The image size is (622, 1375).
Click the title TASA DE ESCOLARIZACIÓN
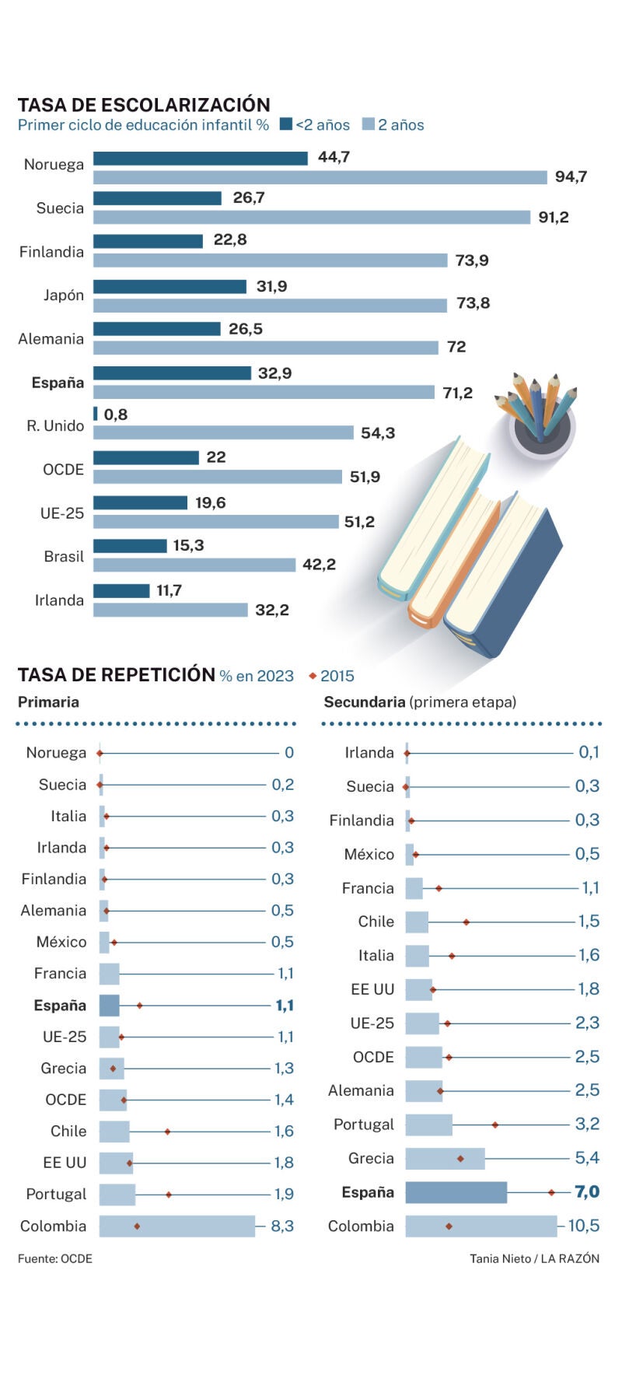click(144, 105)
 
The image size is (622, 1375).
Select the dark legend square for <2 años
click(285, 124)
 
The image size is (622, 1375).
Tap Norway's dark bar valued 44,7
click(201, 158)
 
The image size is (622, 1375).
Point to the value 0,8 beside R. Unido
click(116, 415)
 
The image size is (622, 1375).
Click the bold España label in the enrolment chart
click(58, 383)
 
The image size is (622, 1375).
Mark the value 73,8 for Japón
click(473, 303)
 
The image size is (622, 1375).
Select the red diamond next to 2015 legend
click(313, 676)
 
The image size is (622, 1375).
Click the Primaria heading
click(48, 702)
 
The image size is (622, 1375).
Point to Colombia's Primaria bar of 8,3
click(176, 1226)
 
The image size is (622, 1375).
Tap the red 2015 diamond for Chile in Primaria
click(167, 1132)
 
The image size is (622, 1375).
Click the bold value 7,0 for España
click(587, 1191)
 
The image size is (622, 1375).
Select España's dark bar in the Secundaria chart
click(456, 1192)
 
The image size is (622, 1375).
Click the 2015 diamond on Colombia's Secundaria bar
click(449, 1226)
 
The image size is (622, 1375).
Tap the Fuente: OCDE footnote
click(54, 1258)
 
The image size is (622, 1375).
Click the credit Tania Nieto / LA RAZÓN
click(534, 1258)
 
